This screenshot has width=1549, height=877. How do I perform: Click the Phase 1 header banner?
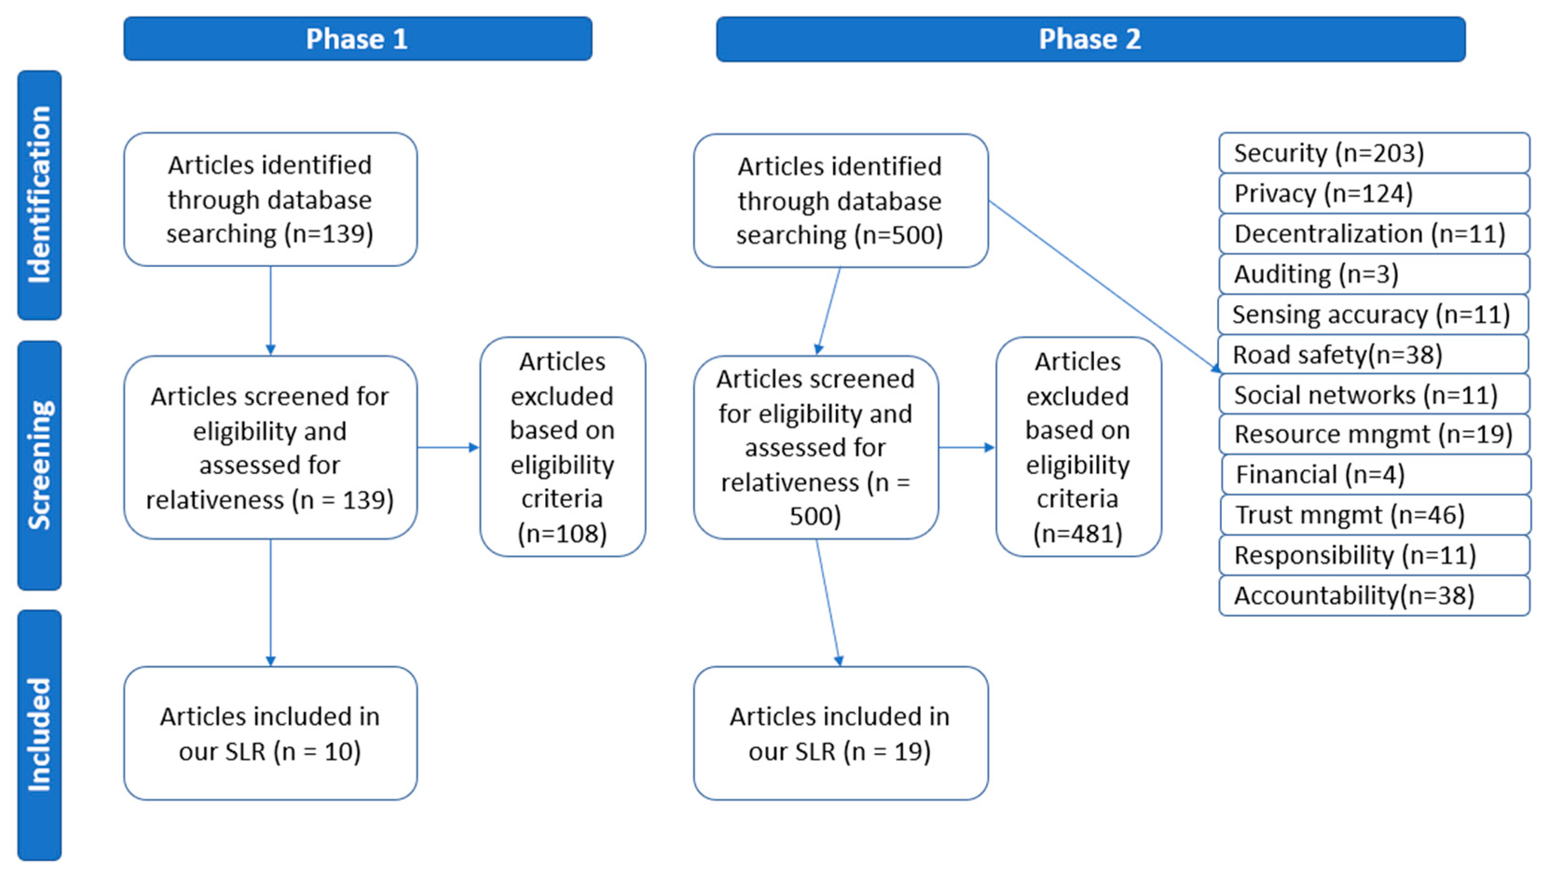(357, 39)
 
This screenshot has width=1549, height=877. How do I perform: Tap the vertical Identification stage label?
(39, 194)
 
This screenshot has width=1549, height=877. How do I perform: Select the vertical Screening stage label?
(39, 465)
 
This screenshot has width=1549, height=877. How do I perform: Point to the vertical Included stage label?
(39, 734)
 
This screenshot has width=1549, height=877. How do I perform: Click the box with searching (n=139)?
(270, 200)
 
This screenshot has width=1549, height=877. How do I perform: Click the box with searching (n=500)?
(840, 200)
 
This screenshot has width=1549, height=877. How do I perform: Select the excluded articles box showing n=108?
(562, 447)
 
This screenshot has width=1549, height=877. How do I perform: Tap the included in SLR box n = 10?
(270, 733)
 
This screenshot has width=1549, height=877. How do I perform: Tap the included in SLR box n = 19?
(840, 733)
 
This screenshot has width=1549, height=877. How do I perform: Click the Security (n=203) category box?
(1374, 153)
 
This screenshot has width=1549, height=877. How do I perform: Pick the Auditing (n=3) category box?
(1374, 274)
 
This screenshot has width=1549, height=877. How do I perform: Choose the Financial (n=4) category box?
(1375, 475)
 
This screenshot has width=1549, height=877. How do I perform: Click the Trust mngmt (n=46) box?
(1375, 515)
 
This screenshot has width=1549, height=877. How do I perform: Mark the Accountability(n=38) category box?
(1374, 596)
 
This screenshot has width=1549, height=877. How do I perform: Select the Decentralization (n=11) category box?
(1374, 234)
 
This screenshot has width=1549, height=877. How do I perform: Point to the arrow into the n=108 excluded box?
(448, 448)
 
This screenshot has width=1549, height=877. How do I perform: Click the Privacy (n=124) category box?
(1374, 193)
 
